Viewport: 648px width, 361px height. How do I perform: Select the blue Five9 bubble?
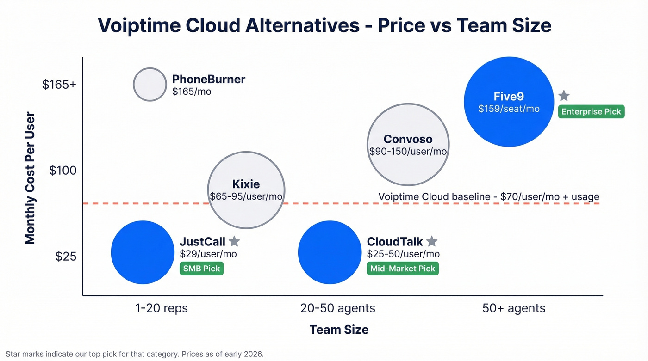(x=509, y=102)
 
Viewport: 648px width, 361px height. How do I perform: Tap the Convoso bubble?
(x=408, y=144)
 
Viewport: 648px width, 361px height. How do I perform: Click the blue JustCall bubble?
(x=143, y=252)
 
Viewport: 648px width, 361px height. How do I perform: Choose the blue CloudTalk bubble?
(x=330, y=252)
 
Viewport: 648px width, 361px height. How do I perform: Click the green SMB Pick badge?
(x=202, y=269)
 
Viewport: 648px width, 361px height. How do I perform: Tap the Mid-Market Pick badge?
(x=403, y=269)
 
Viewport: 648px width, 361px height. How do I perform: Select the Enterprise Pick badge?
(x=591, y=112)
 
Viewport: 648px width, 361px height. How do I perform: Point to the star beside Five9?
(x=564, y=96)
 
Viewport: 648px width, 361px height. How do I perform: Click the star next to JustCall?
(x=234, y=241)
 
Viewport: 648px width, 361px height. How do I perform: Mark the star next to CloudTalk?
(x=431, y=241)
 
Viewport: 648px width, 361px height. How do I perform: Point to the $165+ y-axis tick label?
(x=59, y=85)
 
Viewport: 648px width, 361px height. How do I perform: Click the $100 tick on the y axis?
(x=63, y=171)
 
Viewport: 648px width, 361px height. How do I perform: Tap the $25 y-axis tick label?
(x=65, y=256)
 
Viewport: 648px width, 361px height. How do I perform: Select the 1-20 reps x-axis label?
(x=162, y=308)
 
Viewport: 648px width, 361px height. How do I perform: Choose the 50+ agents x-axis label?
(x=514, y=308)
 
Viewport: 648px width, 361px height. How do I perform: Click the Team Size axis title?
(x=339, y=330)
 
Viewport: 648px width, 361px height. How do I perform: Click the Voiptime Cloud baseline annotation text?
(x=489, y=196)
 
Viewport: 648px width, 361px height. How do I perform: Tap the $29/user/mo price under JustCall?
(x=208, y=254)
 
